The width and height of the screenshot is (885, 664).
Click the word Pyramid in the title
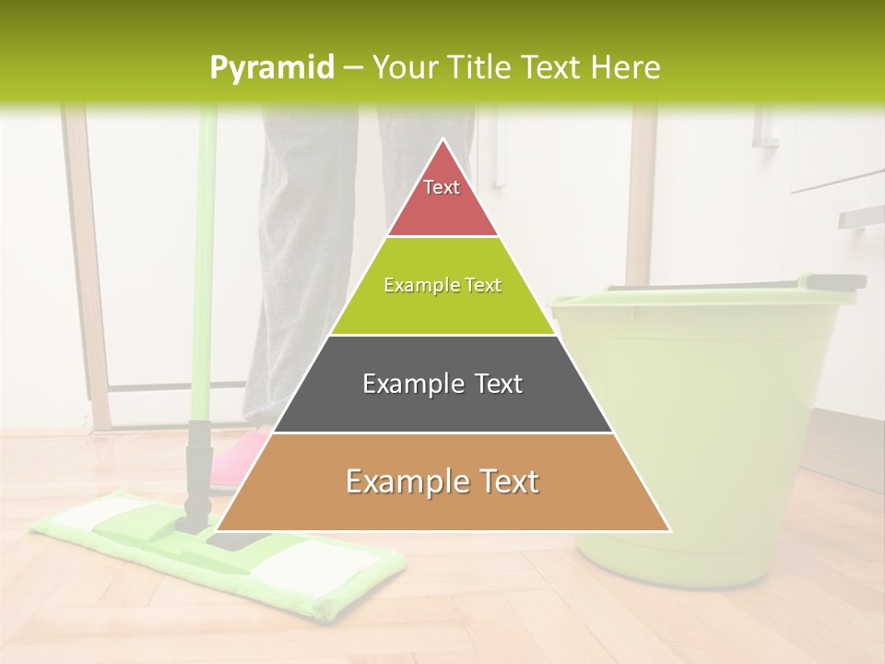pos(271,68)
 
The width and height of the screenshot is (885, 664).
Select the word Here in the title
pos(627,67)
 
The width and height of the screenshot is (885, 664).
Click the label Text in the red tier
pos(442,187)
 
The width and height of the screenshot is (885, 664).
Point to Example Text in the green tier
pos(442,285)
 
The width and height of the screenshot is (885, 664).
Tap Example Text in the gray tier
pos(442,384)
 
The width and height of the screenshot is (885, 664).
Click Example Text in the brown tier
pos(442,481)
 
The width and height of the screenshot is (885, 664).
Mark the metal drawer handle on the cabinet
pos(859,215)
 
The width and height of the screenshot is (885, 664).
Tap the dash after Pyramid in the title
pos(353,68)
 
